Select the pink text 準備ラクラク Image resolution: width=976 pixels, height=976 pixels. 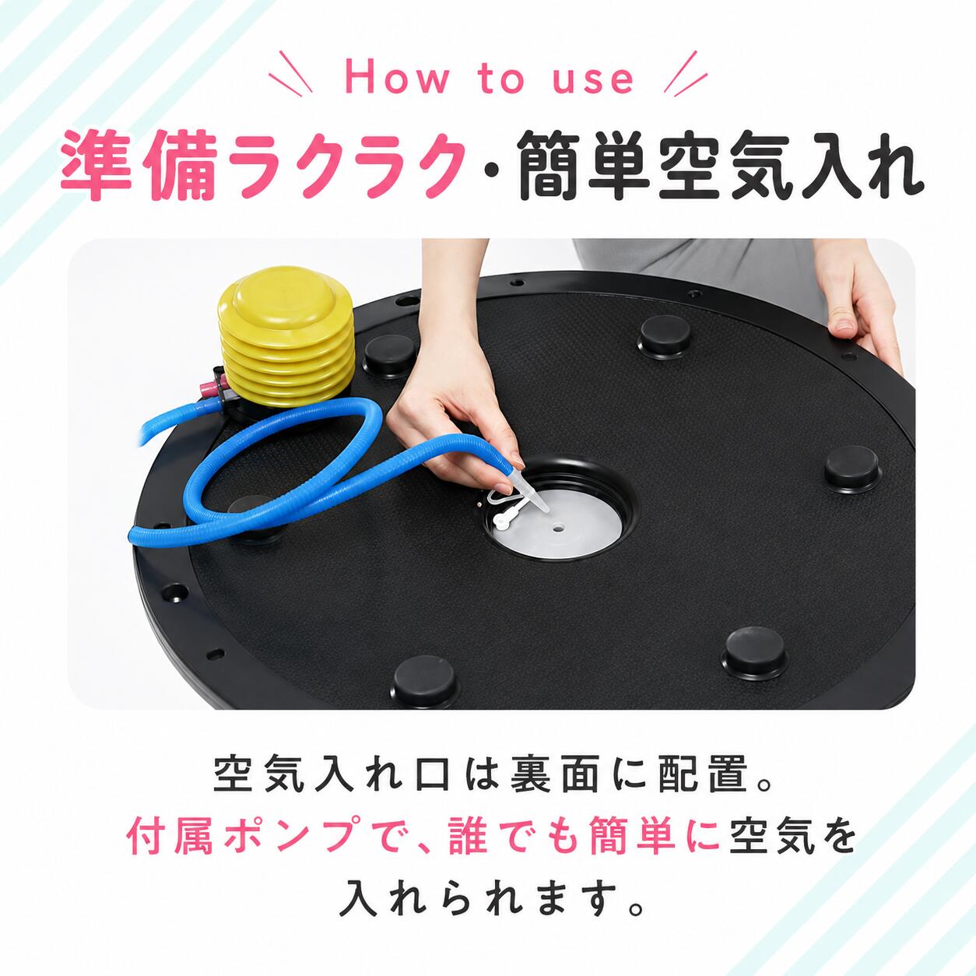coord(263,166)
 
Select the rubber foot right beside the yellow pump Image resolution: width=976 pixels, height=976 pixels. coord(390,356)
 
